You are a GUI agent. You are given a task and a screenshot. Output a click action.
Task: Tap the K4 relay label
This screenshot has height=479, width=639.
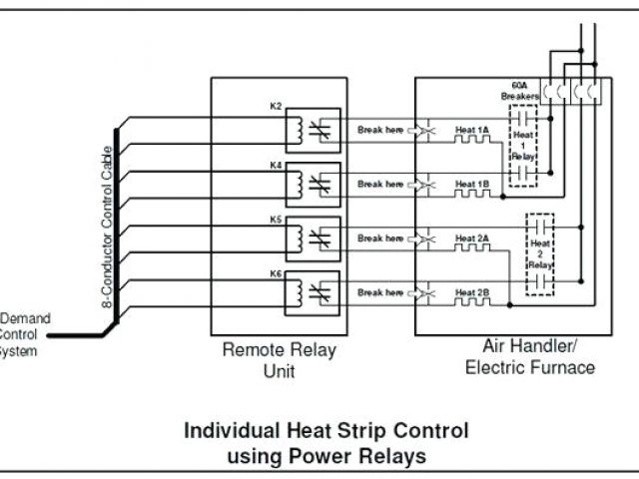point(277,162)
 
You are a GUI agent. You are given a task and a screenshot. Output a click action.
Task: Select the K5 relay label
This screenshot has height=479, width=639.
point(277,217)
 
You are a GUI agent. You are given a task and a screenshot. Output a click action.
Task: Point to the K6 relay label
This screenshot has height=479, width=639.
point(277,272)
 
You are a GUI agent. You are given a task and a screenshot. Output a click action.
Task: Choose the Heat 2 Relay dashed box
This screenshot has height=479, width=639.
point(540,254)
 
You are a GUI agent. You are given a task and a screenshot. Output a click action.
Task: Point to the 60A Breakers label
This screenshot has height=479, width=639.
point(520,91)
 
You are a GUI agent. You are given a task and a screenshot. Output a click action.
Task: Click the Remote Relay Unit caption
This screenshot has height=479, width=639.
point(279,359)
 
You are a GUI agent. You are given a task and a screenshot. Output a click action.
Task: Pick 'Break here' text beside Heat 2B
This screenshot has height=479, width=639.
point(380,292)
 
